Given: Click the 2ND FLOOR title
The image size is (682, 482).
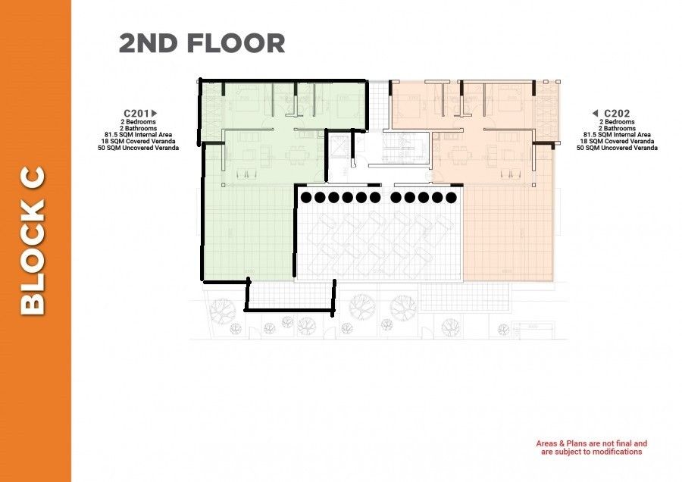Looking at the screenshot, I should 202,43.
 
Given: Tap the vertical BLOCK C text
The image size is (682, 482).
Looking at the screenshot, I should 33,241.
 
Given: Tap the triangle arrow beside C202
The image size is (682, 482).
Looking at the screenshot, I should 596,114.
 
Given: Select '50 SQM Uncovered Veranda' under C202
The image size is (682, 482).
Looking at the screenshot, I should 617,148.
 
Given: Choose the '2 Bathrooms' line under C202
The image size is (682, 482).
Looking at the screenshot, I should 617,128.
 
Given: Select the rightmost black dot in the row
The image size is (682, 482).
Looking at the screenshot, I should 451,198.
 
